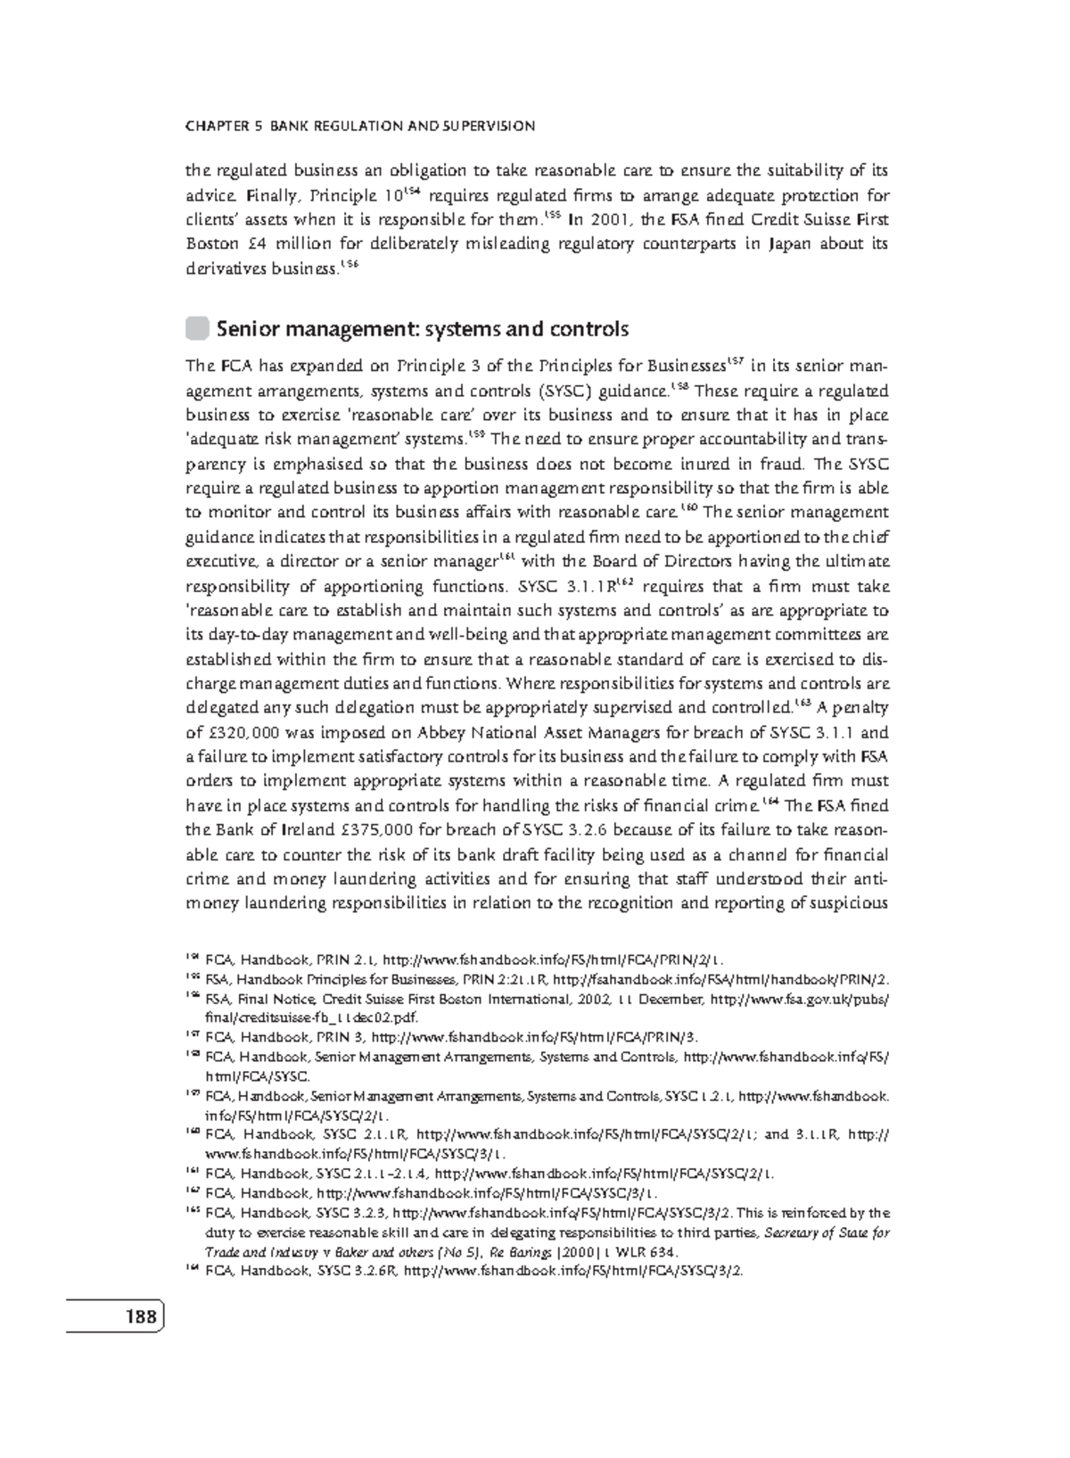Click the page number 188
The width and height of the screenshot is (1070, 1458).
139,1316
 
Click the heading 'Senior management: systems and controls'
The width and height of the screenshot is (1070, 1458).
423,329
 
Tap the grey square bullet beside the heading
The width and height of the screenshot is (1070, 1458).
196,328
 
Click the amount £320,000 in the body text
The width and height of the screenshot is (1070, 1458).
241,733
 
